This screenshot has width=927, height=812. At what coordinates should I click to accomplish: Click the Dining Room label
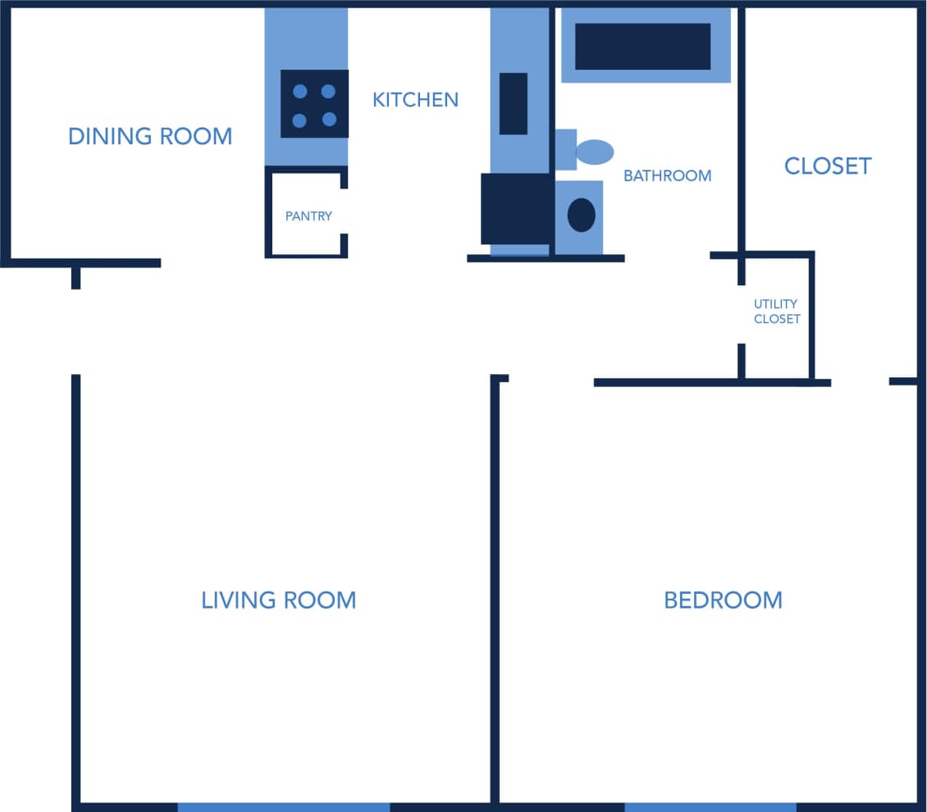coord(150,136)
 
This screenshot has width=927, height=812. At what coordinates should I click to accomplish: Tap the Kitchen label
coord(415,100)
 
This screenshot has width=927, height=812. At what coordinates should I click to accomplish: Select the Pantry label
coord(308,217)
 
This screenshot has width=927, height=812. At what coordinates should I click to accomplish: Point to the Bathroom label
coord(667,176)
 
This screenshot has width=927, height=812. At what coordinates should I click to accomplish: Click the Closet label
coord(827,166)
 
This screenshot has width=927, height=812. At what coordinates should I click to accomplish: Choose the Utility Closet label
coord(777,312)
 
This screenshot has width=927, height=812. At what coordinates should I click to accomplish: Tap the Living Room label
coord(278,600)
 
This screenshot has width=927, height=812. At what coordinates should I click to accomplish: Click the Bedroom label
coord(723,600)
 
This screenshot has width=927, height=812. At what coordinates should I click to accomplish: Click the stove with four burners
coord(314,104)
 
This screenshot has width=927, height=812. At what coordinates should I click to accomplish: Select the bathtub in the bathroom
coord(643,46)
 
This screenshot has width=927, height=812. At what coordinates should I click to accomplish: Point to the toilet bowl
coord(595,152)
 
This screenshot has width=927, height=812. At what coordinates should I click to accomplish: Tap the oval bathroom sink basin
coord(581,215)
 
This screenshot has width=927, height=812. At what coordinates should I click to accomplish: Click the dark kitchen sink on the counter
coord(514,103)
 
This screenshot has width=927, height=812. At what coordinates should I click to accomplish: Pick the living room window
coord(283,807)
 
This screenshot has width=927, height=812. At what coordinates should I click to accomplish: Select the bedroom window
coord(710,807)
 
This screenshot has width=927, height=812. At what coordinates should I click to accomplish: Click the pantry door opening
coord(345,212)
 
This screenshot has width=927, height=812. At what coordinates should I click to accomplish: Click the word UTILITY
coord(775,304)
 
